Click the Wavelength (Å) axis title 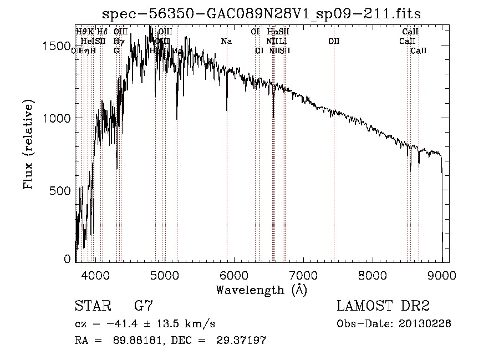point(261,290)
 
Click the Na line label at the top point(226,41)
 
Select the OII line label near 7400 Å point(334,41)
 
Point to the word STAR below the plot point(91,306)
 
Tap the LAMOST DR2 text point(383,306)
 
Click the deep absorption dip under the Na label point(227,108)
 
